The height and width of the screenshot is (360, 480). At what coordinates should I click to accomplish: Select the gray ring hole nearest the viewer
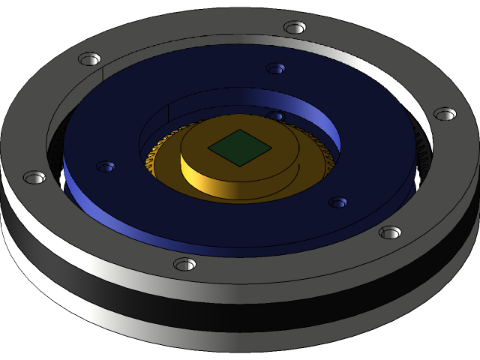point(184,264)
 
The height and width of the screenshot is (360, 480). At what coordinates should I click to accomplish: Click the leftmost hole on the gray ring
point(34,178)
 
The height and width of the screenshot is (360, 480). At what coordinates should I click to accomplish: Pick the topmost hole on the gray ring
point(295,28)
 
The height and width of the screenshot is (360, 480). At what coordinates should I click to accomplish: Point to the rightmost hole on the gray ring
point(445,114)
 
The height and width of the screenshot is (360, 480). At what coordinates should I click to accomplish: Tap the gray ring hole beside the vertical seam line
point(89,58)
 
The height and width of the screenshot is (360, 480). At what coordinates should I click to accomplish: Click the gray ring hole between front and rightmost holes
point(390,232)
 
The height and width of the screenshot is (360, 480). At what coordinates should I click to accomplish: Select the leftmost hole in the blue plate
point(105,166)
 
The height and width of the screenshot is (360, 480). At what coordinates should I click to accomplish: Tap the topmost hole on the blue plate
point(276,68)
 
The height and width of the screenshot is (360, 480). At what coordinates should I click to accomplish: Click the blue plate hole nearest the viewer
point(337,202)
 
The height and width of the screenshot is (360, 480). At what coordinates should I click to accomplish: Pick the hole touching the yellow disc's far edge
point(276,116)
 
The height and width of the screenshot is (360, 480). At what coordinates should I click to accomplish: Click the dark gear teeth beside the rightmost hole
point(422,154)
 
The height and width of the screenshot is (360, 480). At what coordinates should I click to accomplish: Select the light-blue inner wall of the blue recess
point(315,112)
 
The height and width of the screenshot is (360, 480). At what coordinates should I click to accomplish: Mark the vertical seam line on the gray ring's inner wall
point(100,75)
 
